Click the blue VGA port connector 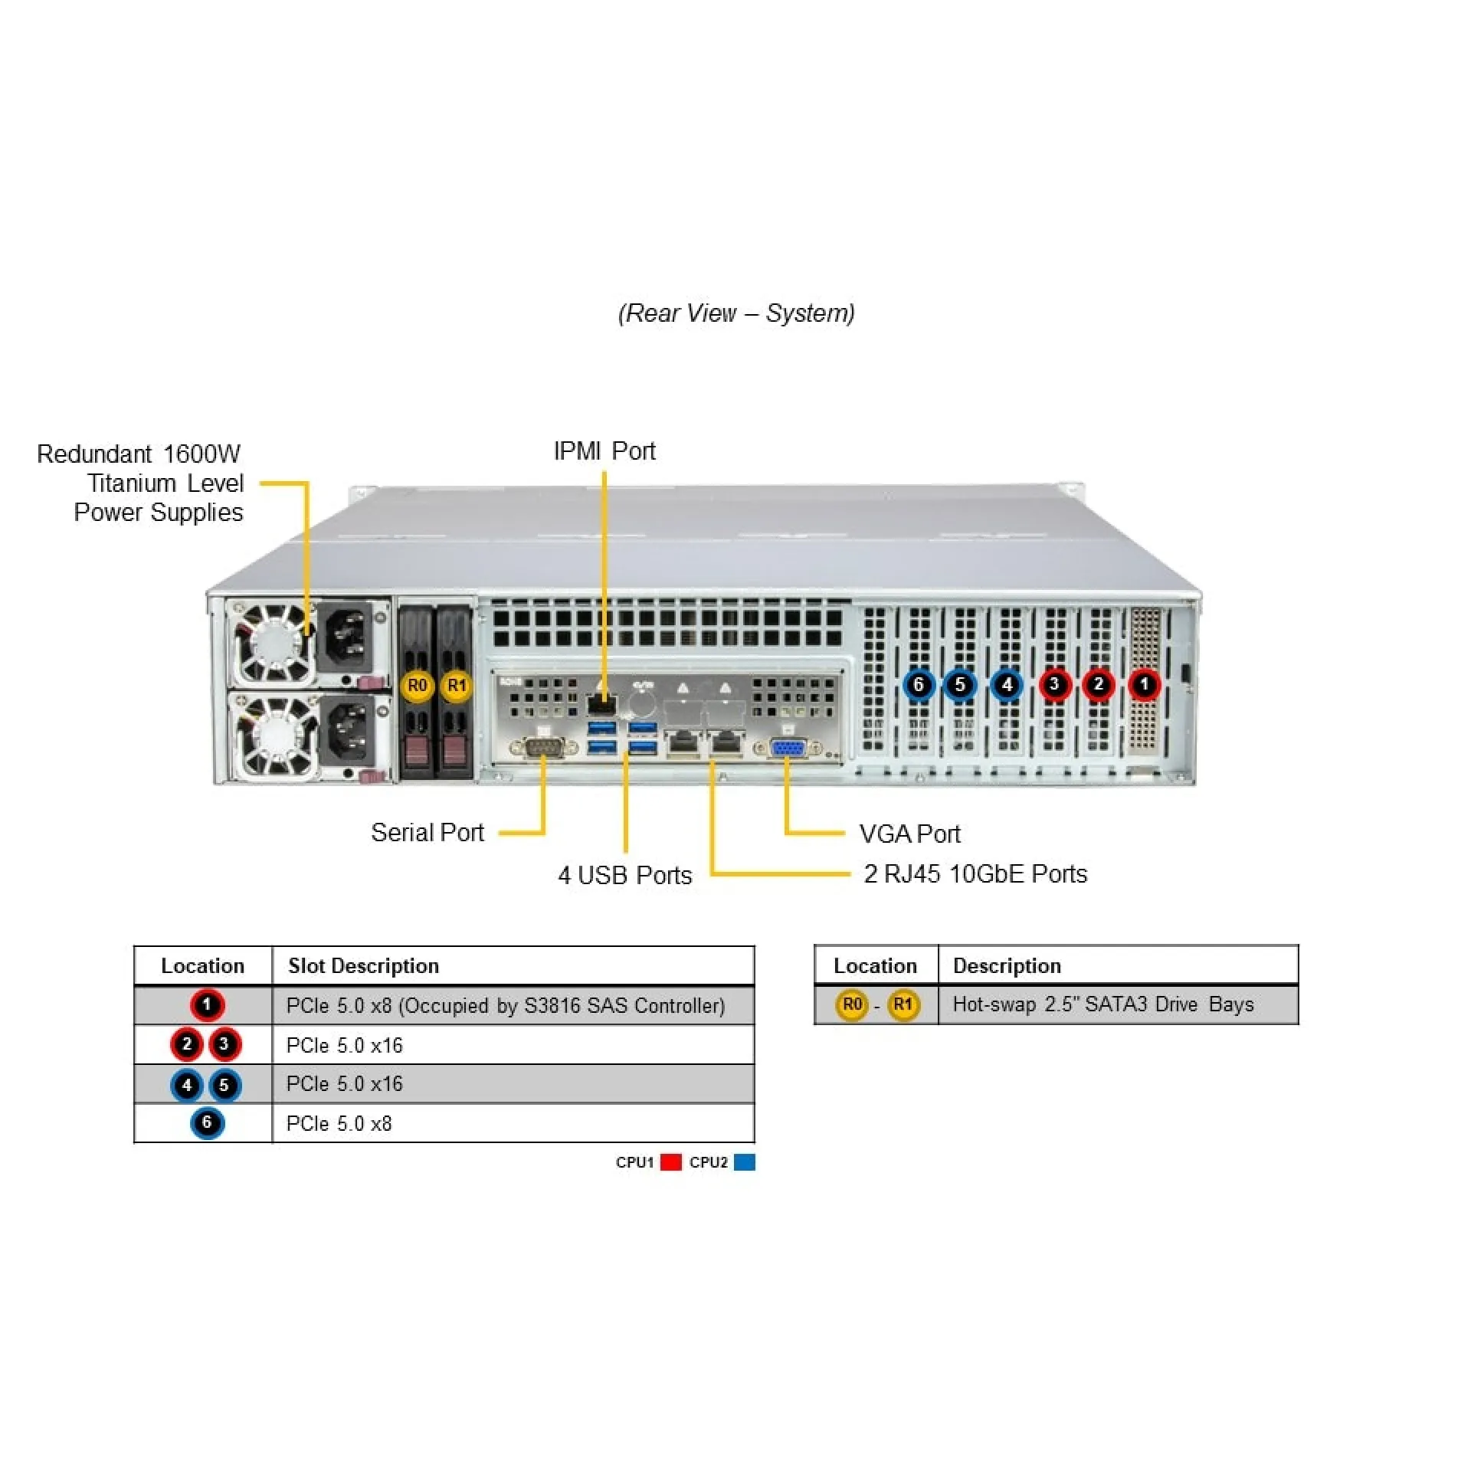(787, 748)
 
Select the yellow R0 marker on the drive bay (417, 685)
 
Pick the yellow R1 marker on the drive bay (457, 685)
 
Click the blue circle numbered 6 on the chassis (919, 684)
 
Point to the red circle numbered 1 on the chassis (1144, 684)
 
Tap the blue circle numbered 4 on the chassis (1007, 684)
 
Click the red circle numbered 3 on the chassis (1054, 684)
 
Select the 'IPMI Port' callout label (604, 451)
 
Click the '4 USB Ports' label (624, 875)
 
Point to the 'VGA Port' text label (909, 834)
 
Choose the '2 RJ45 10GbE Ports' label (975, 874)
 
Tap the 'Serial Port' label (428, 833)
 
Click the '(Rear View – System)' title (736, 313)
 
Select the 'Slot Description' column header (364, 965)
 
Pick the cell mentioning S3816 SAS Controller (506, 1005)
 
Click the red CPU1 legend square (671, 1162)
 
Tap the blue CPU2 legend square (744, 1162)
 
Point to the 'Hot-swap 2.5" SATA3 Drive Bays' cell (1102, 1004)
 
